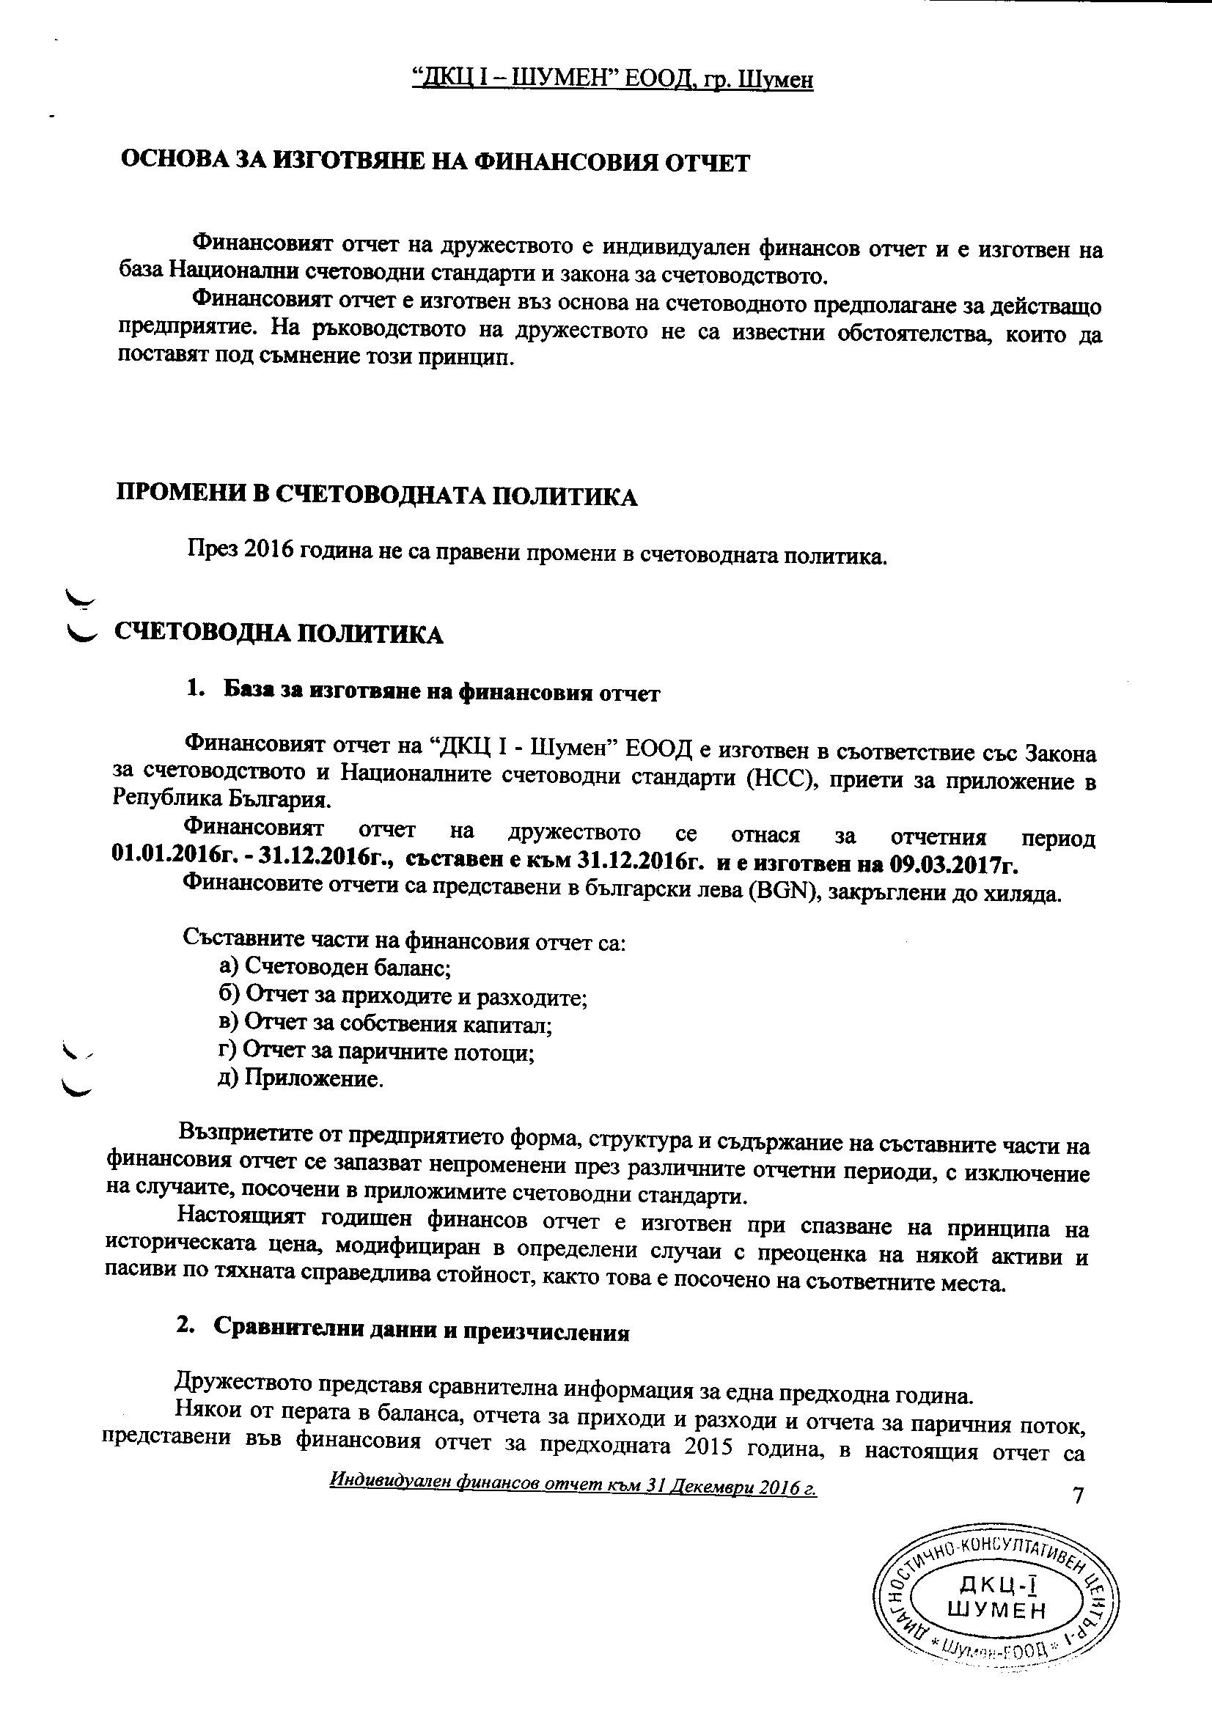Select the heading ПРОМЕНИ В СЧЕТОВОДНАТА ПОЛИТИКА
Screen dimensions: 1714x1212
[x=376, y=496]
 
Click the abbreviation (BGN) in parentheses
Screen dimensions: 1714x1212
[x=782, y=894]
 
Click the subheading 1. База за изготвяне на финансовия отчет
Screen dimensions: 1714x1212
[x=422, y=692]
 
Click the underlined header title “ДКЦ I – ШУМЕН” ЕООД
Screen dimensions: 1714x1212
[x=612, y=79]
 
